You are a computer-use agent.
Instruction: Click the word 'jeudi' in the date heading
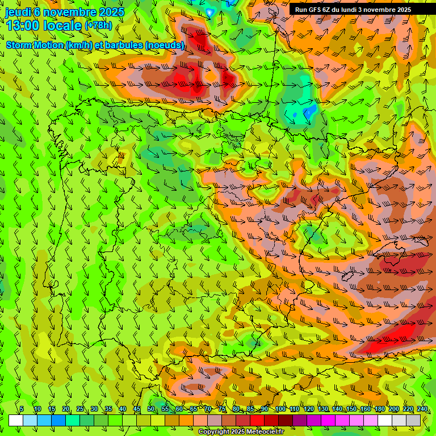point(18,12)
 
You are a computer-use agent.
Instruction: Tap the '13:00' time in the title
point(22,25)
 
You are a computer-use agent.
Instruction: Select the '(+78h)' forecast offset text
point(98,26)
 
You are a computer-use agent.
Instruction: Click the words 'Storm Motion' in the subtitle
point(35,45)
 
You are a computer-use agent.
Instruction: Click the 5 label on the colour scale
point(22,409)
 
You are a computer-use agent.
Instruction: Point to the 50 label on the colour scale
point(151,409)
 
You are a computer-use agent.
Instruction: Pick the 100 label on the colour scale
point(280,409)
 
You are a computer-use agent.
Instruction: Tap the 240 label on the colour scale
point(422,409)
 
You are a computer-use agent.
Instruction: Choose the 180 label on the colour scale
point(380,409)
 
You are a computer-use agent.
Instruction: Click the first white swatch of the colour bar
point(15,420)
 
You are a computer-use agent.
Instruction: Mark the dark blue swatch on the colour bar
point(58,420)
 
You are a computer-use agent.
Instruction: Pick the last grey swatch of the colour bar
point(413,420)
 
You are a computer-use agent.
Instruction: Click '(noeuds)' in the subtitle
point(165,45)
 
